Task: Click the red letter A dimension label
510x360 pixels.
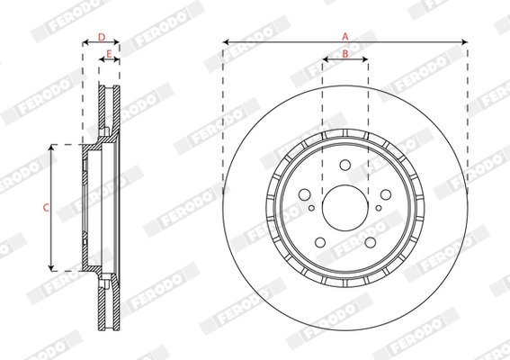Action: click(344, 35)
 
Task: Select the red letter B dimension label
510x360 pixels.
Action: click(344, 54)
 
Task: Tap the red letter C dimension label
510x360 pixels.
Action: click(46, 207)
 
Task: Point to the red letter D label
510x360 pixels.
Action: click(102, 37)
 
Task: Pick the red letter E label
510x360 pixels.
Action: click(108, 55)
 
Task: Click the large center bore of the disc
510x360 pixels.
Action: click(344, 206)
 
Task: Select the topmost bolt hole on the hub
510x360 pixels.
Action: click(344, 164)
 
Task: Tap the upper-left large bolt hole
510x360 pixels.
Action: click(304, 193)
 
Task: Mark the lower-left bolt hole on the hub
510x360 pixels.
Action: click(319, 241)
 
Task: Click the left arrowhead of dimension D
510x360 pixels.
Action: click(85, 43)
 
